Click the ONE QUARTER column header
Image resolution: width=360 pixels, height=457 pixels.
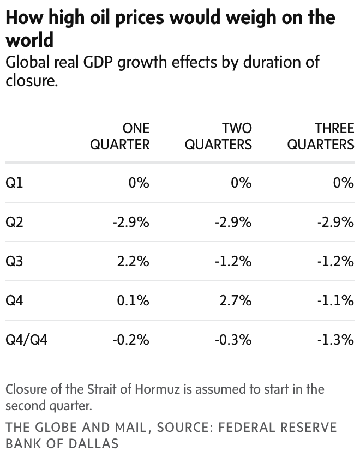[119, 136]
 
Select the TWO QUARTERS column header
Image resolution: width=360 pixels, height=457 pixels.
[218, 136]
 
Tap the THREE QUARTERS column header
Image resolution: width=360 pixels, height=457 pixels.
[321, 136]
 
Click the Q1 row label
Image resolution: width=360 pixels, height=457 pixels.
[14, 183]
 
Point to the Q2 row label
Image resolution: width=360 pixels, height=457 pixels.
[14, 222]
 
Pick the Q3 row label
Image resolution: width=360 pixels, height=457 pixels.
[14, 261]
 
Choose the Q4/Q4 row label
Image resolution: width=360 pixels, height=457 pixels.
[26, 340]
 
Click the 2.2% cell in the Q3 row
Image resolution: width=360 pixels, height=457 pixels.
[133, 261]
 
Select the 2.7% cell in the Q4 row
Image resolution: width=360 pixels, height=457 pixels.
[236, 300]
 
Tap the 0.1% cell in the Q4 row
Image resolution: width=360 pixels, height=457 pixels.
[133, 300]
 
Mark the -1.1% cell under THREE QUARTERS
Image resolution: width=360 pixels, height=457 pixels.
[335, 300]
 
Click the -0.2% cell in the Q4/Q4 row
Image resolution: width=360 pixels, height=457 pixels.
[131, 340]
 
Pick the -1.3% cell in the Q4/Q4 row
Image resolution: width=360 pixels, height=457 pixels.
[335, 340]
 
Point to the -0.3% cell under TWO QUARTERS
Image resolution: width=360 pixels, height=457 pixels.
[233, 340]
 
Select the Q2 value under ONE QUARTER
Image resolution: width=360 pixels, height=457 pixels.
[131, 222]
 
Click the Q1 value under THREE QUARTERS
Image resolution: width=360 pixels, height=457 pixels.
[344, 183]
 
